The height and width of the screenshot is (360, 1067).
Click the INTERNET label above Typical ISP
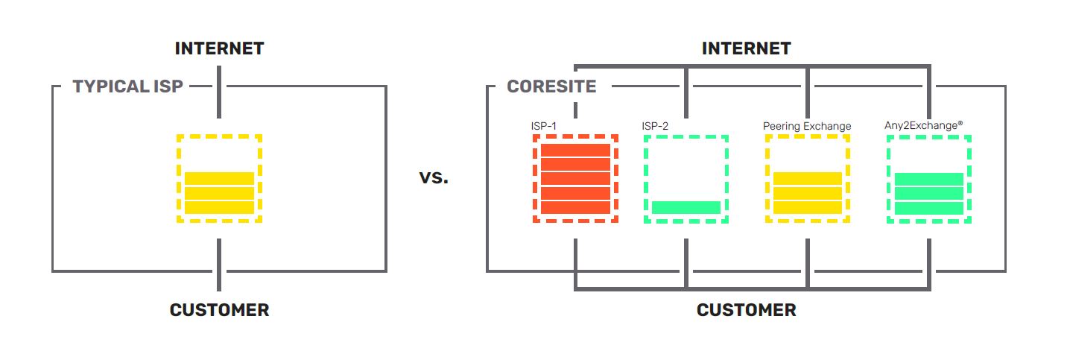(219, 49)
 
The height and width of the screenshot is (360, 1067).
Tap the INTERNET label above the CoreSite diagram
(746, 49)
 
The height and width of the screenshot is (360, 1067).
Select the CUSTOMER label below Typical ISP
(219, 310)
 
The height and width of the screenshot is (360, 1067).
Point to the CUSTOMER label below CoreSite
(746, 310)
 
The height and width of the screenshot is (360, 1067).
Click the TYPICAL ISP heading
(127, 86)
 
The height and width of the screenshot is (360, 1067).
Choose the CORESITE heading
(551, 86)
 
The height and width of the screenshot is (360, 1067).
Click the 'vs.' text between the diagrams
(434, 179)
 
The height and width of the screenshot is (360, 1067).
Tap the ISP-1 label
(543, 126)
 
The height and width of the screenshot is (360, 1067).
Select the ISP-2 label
(655, 126)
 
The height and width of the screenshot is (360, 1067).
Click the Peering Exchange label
(807, 126)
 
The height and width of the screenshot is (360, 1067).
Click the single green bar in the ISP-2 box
(686, 208)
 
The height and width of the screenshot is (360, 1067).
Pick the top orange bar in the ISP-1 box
(575, 150)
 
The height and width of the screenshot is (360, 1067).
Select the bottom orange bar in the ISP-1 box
(575, 208)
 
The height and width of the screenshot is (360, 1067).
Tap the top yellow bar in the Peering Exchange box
(808, 179)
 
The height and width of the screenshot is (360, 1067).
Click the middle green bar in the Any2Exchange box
(928, 194)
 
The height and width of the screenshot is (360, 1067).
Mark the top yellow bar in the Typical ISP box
(219, 179)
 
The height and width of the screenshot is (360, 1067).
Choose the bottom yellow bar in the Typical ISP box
(219, 208)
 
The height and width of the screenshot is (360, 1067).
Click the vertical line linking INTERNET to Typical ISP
(219, 92)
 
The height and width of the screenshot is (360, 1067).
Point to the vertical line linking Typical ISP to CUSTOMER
(219, 265)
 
